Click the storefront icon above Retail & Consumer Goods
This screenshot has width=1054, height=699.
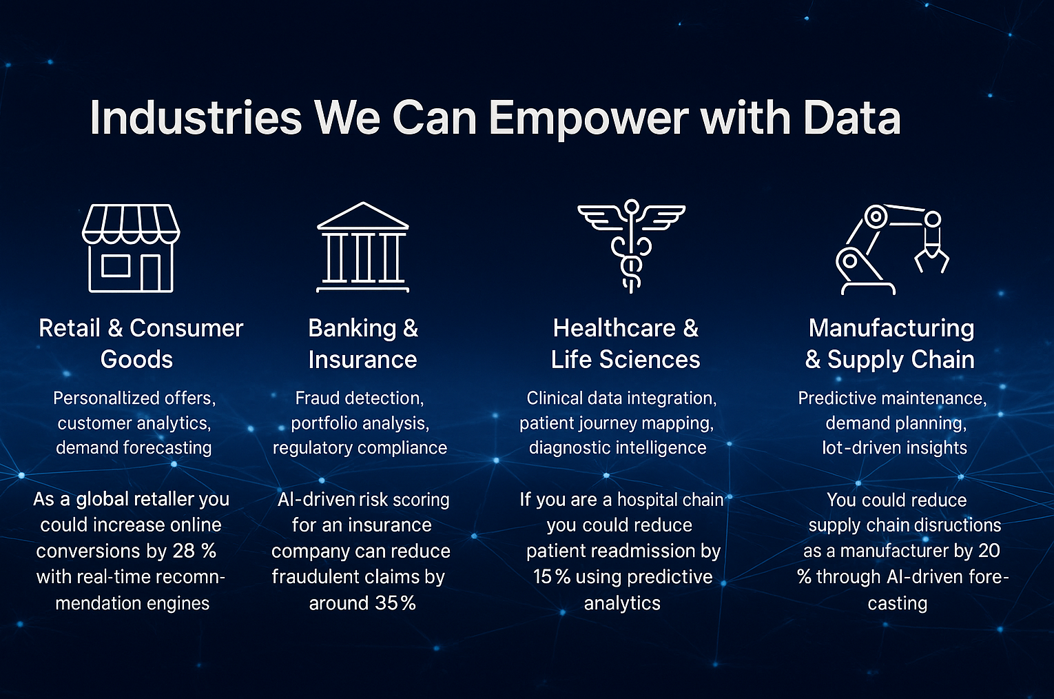[131, 248]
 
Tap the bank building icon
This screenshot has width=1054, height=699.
[363, 247]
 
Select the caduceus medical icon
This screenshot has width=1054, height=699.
[631, 246]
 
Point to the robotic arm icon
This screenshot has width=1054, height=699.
[892, 250]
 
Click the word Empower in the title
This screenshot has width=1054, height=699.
[588, 118]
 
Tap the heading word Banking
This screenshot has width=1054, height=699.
[353, 329]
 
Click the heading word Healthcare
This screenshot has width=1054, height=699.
[614, 327]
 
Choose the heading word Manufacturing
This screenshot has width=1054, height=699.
[891, 329]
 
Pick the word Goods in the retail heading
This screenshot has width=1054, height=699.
[136, 359]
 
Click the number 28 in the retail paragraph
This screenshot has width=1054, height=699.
[184, 551]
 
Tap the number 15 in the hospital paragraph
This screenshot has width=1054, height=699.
[543, 576]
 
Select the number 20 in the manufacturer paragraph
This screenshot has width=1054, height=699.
[989, 551]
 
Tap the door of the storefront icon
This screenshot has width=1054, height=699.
[151, 272]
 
